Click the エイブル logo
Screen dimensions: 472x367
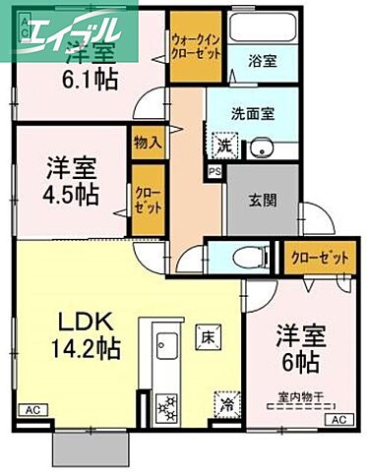click(66, 30)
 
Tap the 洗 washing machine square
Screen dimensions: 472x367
click(225, 146)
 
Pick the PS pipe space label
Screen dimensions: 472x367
click(214, 171)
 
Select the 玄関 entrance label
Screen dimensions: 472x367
click(262, 202)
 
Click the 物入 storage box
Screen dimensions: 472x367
click(148, 143)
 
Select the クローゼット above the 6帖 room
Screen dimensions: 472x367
click(320, 258)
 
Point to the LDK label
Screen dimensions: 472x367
click(72, 322)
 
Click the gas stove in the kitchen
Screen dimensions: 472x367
click(165, 405)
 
